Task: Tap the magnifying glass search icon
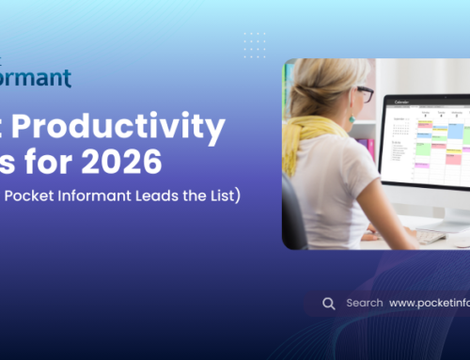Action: tap(328, 303)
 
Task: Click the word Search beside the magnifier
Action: tap(364, 303)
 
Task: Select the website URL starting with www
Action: tap(429, 304)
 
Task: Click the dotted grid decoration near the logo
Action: tap(254, 44)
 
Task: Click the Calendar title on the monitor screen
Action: tap(402, 102)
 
